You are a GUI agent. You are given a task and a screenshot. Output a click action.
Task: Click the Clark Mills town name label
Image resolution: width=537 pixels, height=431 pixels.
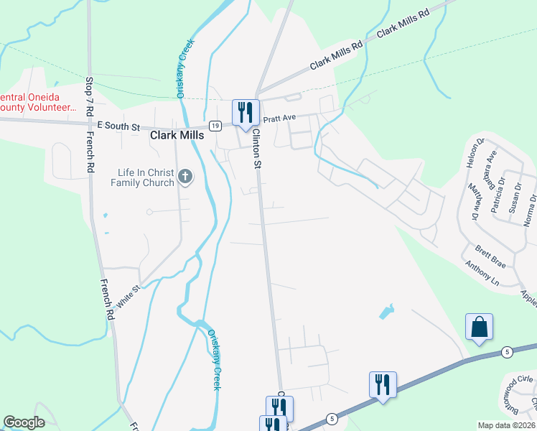click(x=177, y=134)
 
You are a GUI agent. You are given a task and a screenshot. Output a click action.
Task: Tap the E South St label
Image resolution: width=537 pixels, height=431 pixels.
click(x=118, y=126)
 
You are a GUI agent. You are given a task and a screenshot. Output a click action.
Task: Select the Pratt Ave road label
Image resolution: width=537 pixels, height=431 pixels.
click(x=279, y=118)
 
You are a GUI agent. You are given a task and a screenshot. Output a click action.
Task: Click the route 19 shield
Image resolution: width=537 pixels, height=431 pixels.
click(x=215, y=126)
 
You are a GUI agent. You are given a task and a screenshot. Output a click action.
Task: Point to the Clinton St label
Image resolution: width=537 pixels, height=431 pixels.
click(x=256, y=153)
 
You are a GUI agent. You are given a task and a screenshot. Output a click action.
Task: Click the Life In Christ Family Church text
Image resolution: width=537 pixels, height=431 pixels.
click(x=146, y=177)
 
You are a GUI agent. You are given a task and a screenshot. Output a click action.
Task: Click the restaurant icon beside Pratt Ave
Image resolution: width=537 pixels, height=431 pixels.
click(x=246, y=113)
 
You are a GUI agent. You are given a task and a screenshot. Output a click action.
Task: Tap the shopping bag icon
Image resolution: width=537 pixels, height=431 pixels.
click(x=479, y=327)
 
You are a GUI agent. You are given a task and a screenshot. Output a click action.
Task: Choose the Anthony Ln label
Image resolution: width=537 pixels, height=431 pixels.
click(x=482, y=272)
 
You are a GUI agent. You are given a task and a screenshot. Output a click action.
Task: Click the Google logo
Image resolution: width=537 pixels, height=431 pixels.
click(x=24, y=422)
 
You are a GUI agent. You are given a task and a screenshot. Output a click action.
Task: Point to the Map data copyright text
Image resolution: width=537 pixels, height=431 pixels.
click(x=507, y=425)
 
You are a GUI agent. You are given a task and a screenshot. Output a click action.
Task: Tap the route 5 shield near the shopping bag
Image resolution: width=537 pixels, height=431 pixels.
click(x=507, y=351)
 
